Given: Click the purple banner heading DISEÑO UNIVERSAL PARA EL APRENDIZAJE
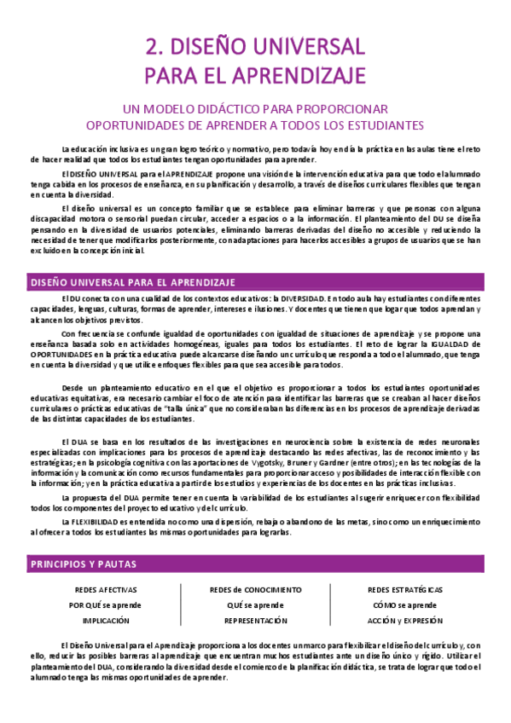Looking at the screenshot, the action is tap(133, 282).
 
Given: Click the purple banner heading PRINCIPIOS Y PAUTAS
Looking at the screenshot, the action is tap(83, 541).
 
